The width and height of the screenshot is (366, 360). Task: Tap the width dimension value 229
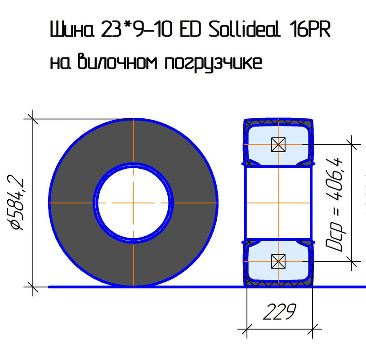pos(279,312)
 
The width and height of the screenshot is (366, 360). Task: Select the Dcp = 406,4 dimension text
pos(334,205)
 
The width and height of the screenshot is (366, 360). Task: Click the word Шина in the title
pos(72,29)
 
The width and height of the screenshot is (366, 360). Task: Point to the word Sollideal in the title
pos(244,29)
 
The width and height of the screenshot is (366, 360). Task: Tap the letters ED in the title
pos(190,29)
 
